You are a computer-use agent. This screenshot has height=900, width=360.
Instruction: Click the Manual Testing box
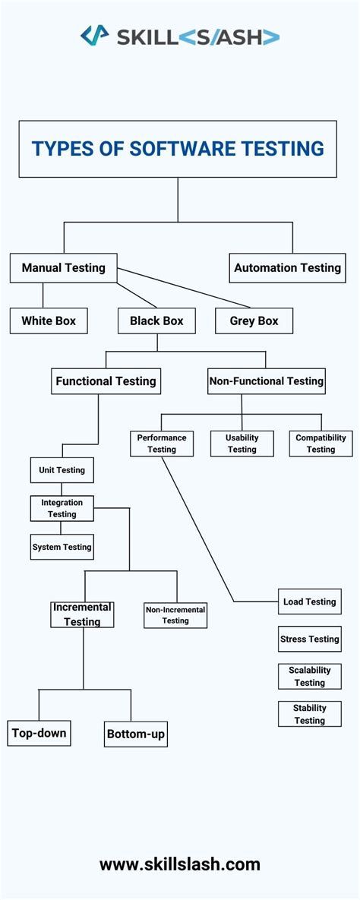63,268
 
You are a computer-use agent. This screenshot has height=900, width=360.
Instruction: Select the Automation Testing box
287,268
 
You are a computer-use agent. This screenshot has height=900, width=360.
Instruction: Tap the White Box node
49,321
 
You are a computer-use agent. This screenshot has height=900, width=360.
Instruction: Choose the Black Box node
156,321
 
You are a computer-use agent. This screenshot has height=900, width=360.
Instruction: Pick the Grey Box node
254,321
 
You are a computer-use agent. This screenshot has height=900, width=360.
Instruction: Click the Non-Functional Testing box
266,381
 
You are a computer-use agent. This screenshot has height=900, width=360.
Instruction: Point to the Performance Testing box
162,444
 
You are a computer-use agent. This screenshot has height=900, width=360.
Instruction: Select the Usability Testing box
242,444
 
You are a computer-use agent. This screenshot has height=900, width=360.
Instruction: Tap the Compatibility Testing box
321,444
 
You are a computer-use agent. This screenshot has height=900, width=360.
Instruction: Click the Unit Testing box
62,470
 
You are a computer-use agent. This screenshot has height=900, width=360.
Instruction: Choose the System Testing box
62,547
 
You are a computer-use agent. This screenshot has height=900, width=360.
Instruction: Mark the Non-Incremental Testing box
175,615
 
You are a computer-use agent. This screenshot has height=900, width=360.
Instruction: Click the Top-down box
39,734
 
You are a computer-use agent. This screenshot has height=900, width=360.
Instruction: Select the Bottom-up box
136,734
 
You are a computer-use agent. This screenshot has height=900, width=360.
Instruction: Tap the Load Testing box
309,602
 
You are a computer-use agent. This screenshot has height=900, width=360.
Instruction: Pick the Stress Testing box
309,639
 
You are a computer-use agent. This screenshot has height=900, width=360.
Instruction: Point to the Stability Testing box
309,714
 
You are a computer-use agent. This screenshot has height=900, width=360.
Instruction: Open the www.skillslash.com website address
180,864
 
